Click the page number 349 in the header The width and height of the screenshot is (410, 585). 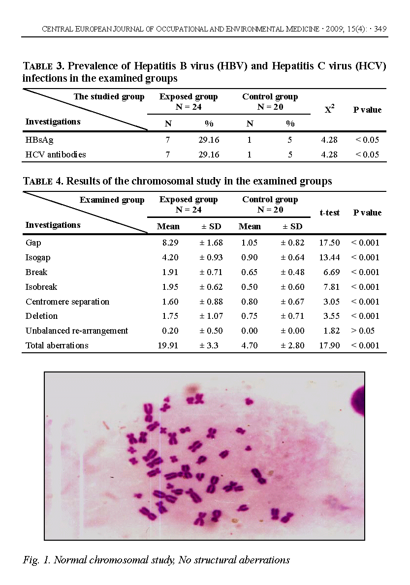(x=379, y=29)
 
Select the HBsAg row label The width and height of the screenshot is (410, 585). (x=39, y=140)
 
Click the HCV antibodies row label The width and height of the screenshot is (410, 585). (x=56, y=154)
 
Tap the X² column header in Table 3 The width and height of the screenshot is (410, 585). (x=329, y=110)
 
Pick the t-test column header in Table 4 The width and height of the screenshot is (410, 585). (x=329, y=213)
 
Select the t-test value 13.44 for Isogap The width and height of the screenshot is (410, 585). (x=329, y=257)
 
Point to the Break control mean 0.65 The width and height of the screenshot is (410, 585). (x=249, y=272)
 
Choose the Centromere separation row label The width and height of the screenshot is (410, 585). (x=67, y=302)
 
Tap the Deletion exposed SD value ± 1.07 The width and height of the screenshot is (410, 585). (x=211, y=316)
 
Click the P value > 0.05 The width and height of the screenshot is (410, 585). (x=365, y=331)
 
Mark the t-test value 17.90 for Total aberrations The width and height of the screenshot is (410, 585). (x=329, y=345)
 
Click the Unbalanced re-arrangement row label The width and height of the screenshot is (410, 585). (x=77, y=331)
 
